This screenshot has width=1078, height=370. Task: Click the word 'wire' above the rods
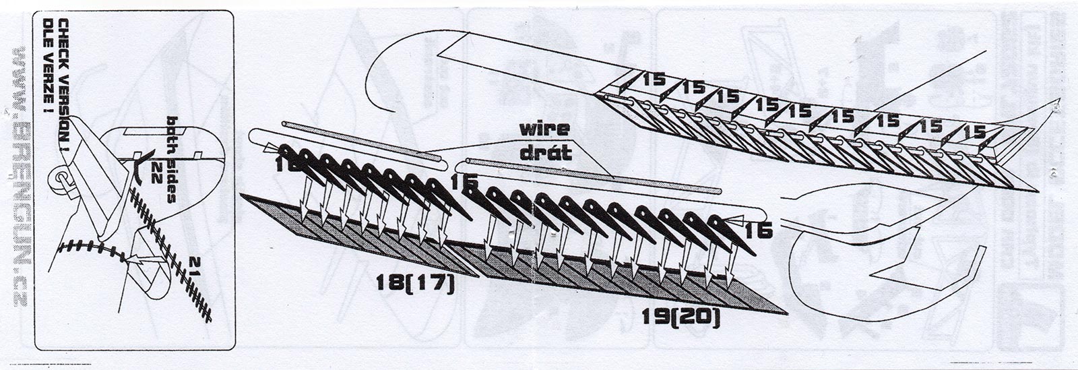coord(544,128)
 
